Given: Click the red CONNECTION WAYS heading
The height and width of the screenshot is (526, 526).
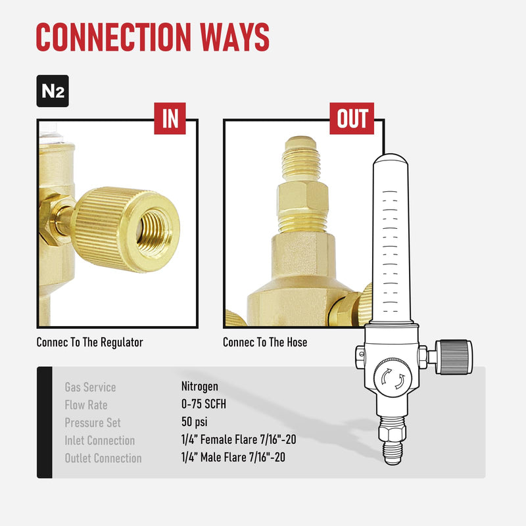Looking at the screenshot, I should (153, 37).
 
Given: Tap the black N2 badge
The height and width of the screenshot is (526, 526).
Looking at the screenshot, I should (52, 91).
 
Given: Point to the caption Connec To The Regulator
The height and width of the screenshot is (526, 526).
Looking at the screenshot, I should (89, 343).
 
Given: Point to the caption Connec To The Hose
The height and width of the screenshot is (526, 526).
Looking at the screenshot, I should (265, 343).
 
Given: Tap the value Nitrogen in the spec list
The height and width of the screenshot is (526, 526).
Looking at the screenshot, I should (200, 387).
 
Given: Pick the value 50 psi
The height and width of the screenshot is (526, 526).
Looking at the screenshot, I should (195, 423).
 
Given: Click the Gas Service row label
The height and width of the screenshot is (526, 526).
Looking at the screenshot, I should (90, 387).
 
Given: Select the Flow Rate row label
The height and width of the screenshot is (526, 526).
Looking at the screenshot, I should (86, 405).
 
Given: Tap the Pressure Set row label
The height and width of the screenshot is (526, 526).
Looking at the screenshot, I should (93, 423).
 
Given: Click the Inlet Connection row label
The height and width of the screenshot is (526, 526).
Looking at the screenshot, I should (99, 441).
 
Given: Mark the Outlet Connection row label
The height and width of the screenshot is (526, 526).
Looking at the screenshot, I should (103, 458).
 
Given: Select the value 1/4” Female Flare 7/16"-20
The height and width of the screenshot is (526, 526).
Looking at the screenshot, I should (237, 441).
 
